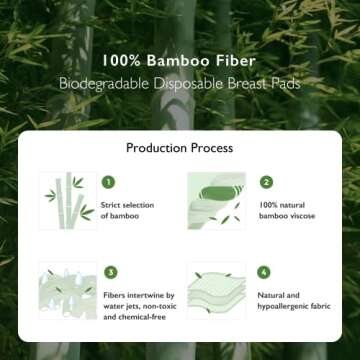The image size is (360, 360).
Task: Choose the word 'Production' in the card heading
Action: point(157,147)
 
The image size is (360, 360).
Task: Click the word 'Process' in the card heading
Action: point(213,147)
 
